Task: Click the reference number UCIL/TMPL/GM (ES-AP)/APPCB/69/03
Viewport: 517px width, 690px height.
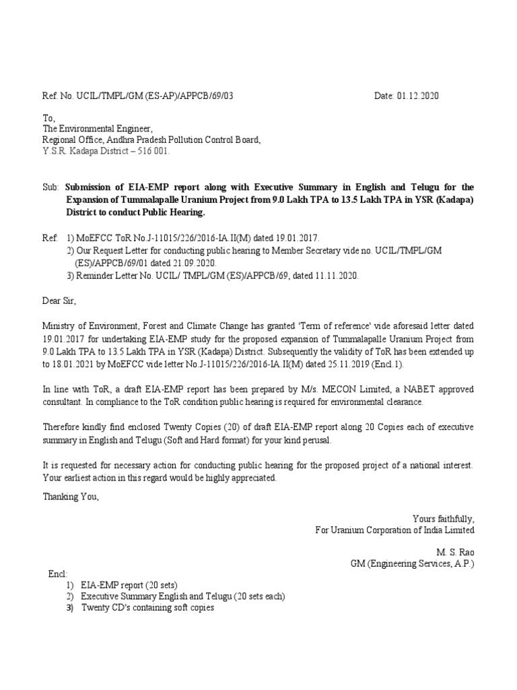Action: (154, 96)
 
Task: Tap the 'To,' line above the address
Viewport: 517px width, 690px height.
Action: (50, 117)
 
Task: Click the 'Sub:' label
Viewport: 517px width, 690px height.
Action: (52, 186)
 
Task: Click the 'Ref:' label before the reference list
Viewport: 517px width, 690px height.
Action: (51, 238)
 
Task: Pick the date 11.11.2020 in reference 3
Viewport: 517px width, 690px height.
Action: (335, 275)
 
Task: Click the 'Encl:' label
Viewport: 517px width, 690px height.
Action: (58, 574)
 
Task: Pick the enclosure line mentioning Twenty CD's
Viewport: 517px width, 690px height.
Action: (147, 608)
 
